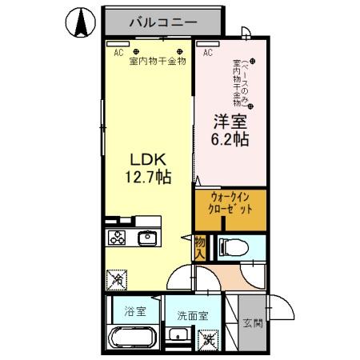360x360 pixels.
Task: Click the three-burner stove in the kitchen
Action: (117, 239)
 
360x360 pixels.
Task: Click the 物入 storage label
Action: (199, 246)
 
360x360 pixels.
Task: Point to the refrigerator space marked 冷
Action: (117, 280)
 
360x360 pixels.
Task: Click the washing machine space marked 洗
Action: (208, 338)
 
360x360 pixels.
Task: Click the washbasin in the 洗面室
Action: (181, 337)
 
